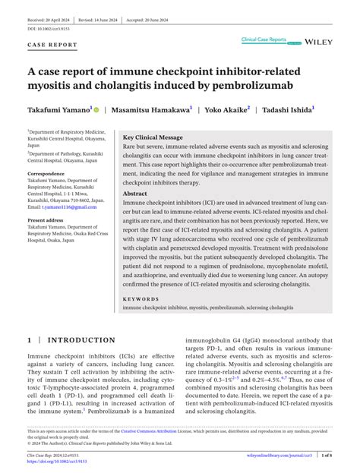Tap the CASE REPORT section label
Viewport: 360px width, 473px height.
point(52,45)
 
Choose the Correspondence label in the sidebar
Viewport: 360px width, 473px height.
point(46,174)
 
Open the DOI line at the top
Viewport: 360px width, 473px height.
point(50,28)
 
